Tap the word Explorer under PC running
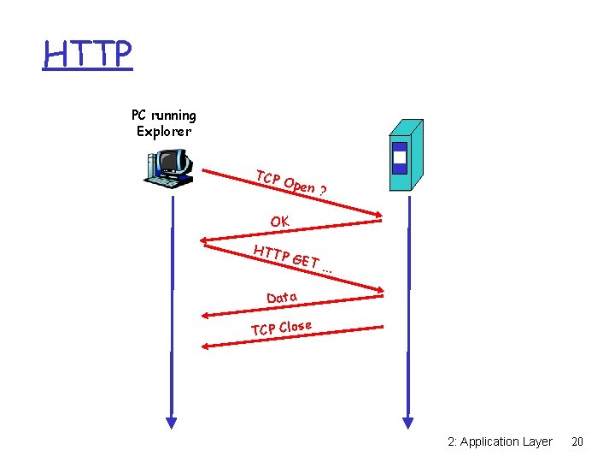point(164,132)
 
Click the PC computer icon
point(166,168)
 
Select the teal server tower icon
point(406,157)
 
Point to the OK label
point(279,222)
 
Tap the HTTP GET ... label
point(292,258)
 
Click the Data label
point(282,297)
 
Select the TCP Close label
point(281,328)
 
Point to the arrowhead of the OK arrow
point(205,240)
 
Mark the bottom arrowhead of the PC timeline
point(172,421)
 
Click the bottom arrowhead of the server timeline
point(407,421)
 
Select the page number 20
point(577,441)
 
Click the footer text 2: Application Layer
point(500,441)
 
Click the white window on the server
point(399,157)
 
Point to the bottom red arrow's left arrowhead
point(206,346)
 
